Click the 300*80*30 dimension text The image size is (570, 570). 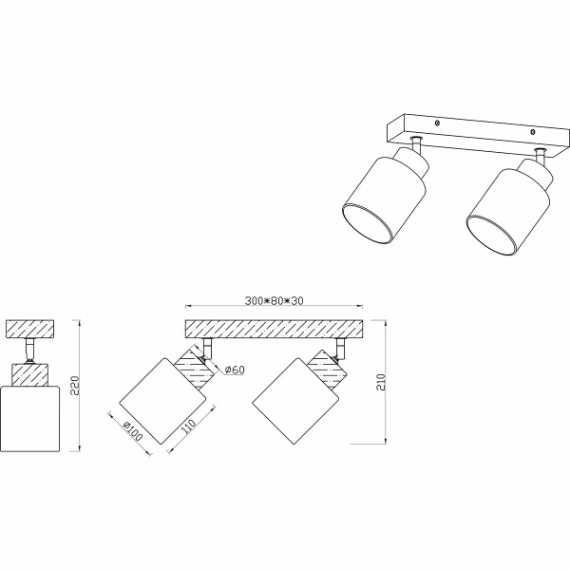273,301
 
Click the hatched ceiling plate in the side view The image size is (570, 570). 31,329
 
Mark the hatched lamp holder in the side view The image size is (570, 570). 31,374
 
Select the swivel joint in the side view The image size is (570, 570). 31,351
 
